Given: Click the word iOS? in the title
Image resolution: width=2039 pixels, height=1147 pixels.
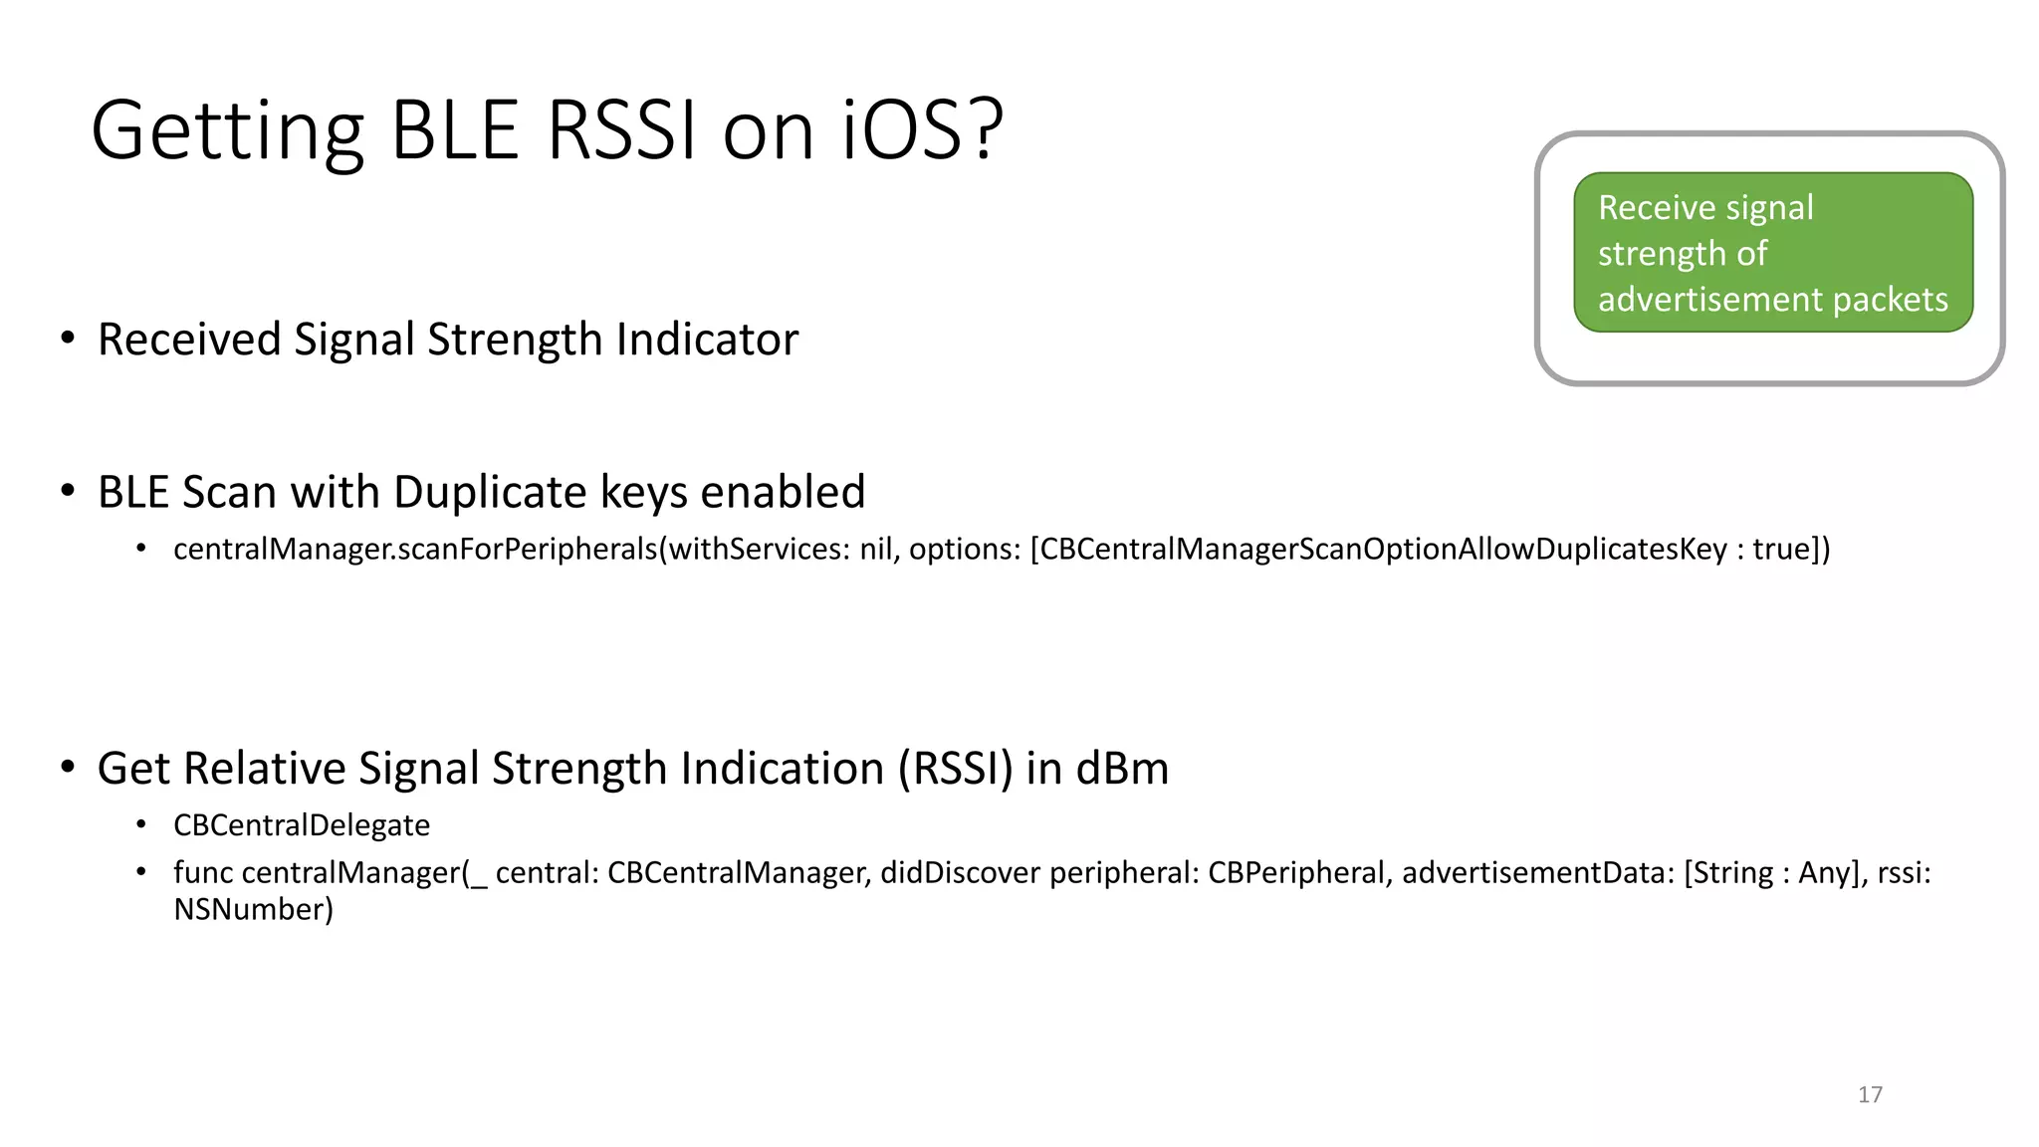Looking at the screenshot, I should pyautogui.click(x=922, y=130).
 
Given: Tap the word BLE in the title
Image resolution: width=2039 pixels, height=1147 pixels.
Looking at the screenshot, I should pyautogui.click(x=455, y=130).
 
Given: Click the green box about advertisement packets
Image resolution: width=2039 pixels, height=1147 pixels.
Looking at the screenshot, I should pyautogui.click(x=1772, y=252).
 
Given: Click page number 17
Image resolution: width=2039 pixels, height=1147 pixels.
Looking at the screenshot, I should pyautogui.click(x=1870, y=1094).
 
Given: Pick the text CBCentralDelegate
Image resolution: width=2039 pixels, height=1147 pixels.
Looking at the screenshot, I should pyautogui.click(x=302, y=825).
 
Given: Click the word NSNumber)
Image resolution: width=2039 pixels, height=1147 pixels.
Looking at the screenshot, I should pyautogui.click(x=253, y=910).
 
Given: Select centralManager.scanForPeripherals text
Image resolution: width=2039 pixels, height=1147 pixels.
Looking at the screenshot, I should pyautogui.click(x=415, y=550).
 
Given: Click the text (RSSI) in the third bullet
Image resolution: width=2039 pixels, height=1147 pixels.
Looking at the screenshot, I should pyautogui.click(x=955, y=769).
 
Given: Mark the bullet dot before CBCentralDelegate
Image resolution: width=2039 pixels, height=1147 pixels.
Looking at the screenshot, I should pyautogui.click(x=141, y=824).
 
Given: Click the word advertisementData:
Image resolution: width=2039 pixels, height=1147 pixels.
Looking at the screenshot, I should pyautogui.click(x=1538, y=873).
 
